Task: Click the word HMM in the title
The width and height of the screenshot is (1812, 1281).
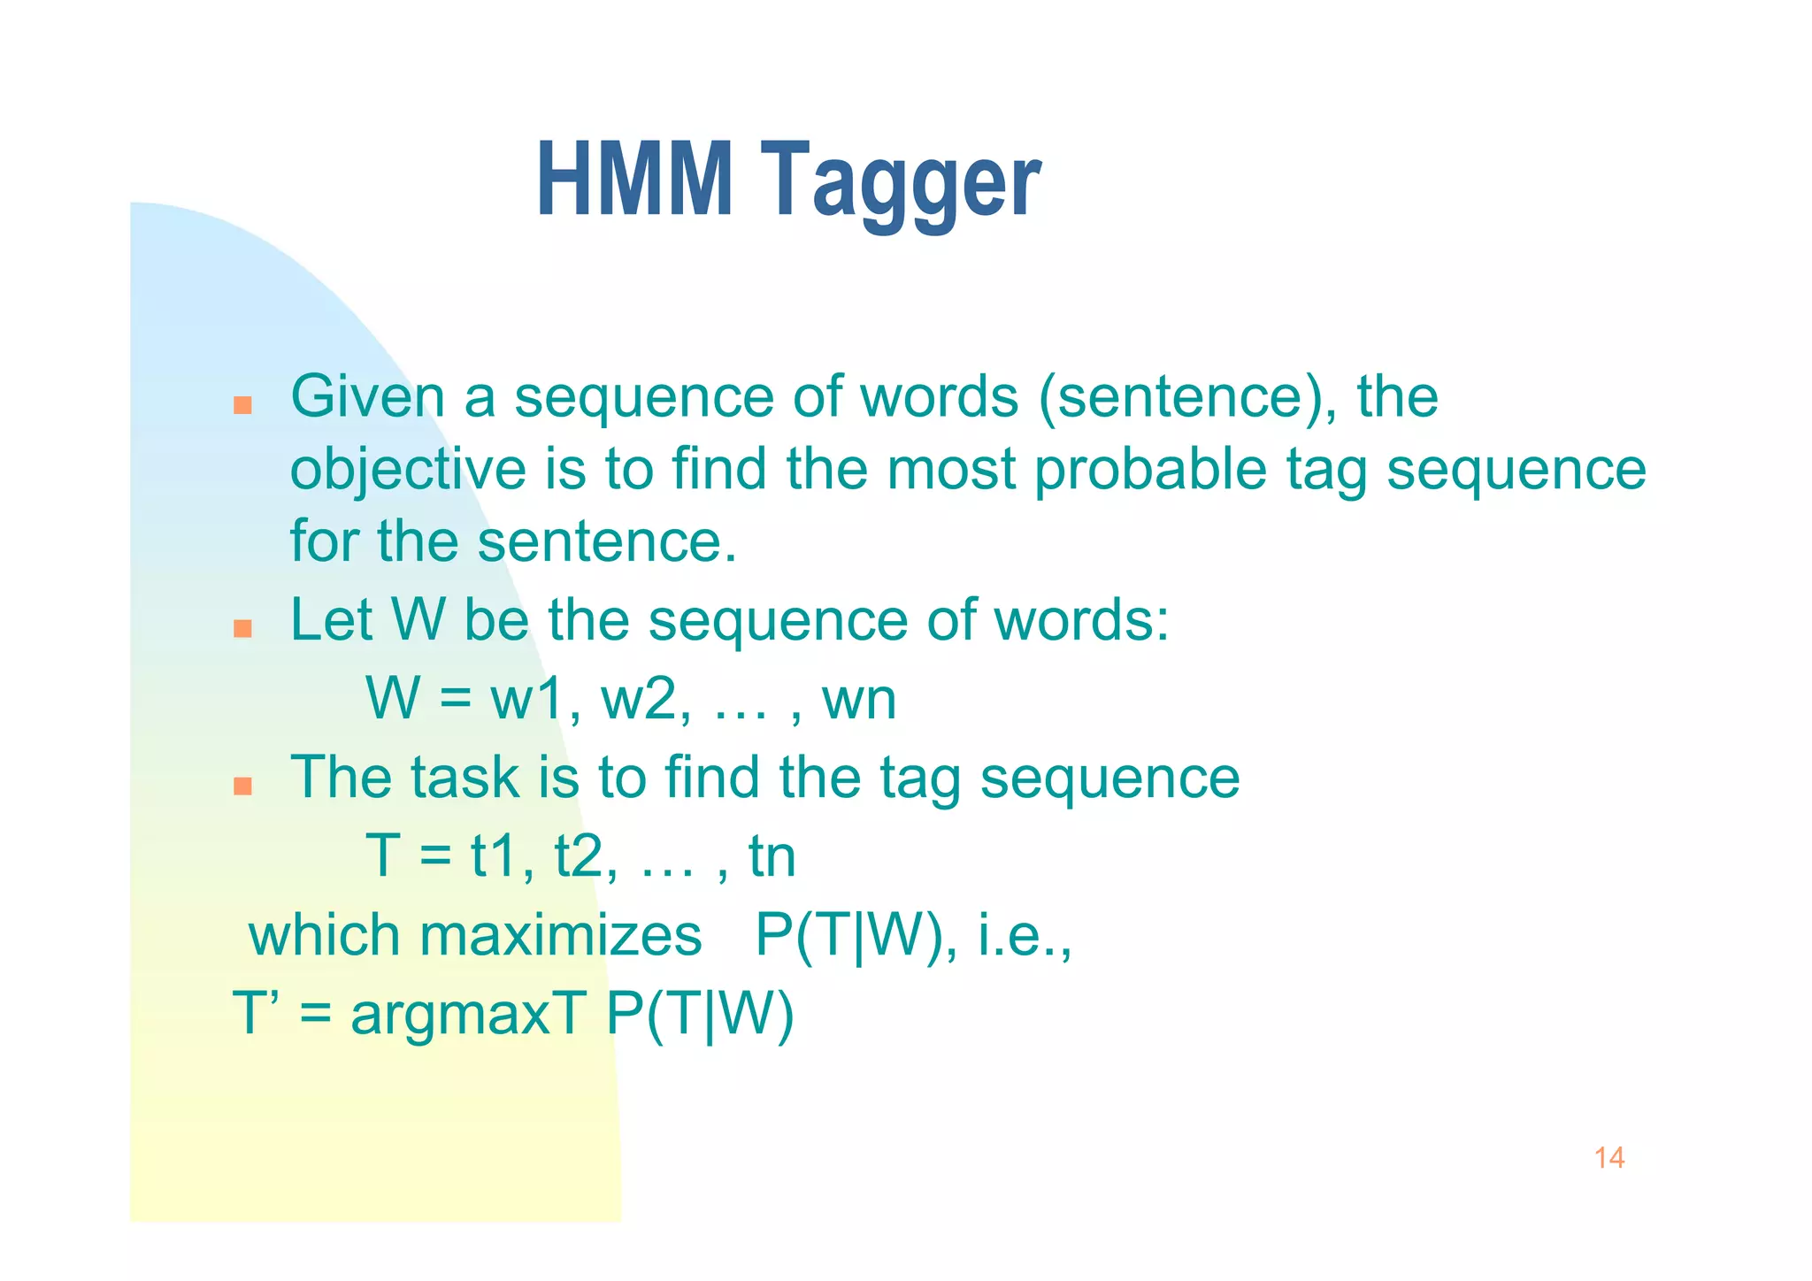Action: point(634,180)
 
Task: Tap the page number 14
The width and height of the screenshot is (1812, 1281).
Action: point(1609,1158)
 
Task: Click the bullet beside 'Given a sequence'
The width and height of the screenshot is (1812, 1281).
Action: point(242,406)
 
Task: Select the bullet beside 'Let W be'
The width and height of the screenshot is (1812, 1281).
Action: point(242,629)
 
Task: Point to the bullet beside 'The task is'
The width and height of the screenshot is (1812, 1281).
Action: point(242,786)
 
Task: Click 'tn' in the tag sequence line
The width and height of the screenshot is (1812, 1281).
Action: point(772,857)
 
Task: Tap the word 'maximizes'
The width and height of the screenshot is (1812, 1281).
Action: point(560,935)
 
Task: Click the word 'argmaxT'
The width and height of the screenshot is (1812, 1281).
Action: point(468,1014)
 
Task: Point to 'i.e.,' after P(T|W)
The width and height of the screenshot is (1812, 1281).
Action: point(1025,935)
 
